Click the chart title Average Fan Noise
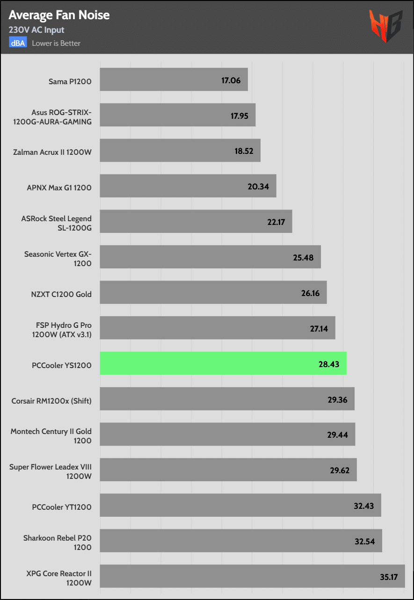pyautogui.click(x=59, y=15)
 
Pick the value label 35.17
pyautogui.click(x=388, y=577)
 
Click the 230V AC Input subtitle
pyautogui.click(x=36, y=30)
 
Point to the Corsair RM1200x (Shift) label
pyautogui.click(x=51, y=401)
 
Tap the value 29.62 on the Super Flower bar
pyautogui.click(x=340, y=470)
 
